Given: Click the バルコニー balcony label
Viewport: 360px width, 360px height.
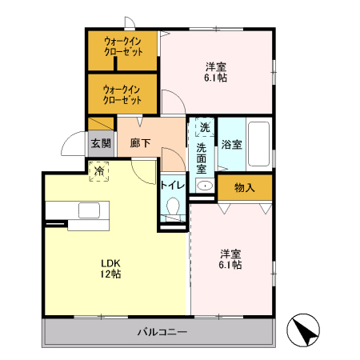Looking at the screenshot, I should (x=161, y=330).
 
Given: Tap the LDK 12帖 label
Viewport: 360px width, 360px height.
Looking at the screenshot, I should (x=110, y=268).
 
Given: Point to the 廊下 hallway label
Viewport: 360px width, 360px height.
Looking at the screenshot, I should (x=140, y=144).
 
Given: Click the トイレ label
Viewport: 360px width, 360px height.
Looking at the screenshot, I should (x=173, y=185).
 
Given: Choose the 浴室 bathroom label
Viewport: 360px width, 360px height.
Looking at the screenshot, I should (x=231, y=145).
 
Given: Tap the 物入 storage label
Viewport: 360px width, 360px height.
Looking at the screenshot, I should (x=244, y=188).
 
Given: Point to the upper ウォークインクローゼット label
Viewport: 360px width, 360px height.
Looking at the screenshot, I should (x=123, y=47).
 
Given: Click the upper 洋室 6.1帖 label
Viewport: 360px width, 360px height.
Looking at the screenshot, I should (x=215, y=73).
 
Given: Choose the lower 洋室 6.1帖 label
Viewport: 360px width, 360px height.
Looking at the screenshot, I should (x=230, y=259).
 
